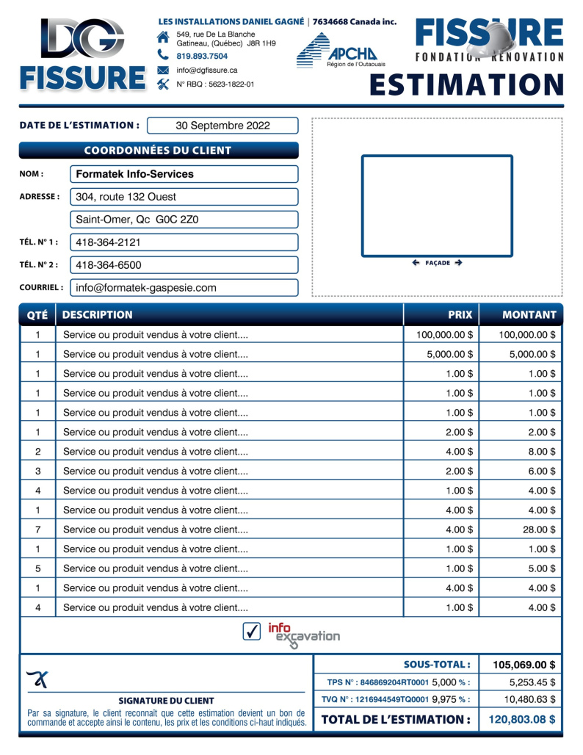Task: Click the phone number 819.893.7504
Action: pyautogui.click(x=202, y=56)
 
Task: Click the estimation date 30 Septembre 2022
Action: pyautogui.click(x=222, y=126)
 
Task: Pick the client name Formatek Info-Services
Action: pyautogui.click(x=135, y=174)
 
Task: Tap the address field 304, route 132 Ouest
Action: pyautogui.click(x=126, y=197)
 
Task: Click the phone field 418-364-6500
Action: pyautogui.click(x=109, y=265)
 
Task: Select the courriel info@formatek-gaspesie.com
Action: pyautogui.click(x=146, y=288)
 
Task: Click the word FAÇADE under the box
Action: pyautogui.click(x=437, y=263)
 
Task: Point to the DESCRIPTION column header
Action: pyautogui.click(x=98, y=315)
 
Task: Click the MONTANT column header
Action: pyautogui.click(x=529, y=315)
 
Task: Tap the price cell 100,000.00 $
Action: pyautogui.click(x=445, y=335)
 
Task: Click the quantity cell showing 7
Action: pyautogui.click(x=37, y=530)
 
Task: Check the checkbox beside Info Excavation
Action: pyautogui.click(x=252, y=631)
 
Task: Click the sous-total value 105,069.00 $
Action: pyautogui.click(x=524, y=665)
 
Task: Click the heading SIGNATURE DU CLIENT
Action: pyautogui.click(x=166, y=701)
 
